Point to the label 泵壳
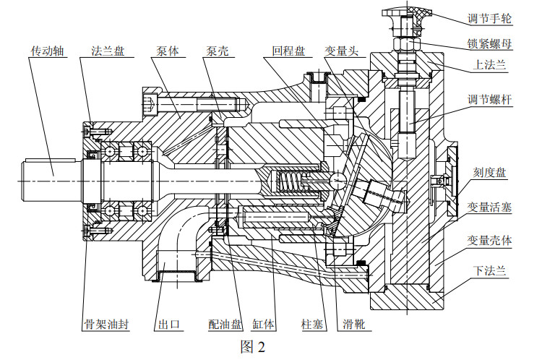coord(218,53)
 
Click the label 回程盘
coord(288,53)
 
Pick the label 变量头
coord(340,53)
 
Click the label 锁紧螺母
coord(490,43)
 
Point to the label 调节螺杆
coord(490,100)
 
